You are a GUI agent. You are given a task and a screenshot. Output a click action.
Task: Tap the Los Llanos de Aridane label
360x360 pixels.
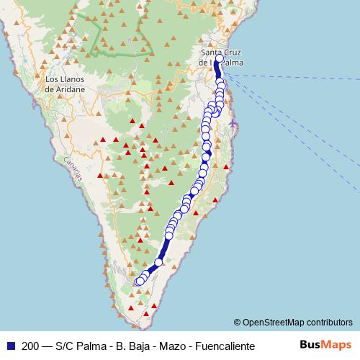pyautogui.click(x=65, y=84)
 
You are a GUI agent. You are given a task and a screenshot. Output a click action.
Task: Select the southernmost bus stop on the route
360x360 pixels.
pyautogui.click(x=139, y=282)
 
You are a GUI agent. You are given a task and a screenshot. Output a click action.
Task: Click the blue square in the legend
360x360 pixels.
pyautogui.click(x=9, y=346)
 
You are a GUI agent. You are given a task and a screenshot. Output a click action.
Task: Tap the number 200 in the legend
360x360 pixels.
pyautogui.click(x=31, y=346)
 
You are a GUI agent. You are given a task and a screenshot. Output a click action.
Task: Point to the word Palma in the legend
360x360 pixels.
pyautogui.click(x=91, y=346)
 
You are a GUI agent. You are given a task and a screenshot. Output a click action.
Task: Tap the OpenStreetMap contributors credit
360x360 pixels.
pyautogui.click(x=297, y=322)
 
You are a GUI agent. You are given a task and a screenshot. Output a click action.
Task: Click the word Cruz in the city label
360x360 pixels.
pyautogui.click(x=233, y=53)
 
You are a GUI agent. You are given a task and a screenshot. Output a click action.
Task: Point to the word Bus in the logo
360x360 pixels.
pyautogui.click(x=310, y=345)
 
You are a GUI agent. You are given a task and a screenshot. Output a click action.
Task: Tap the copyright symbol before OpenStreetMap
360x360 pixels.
pyautogui.click(x=238, y=322)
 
